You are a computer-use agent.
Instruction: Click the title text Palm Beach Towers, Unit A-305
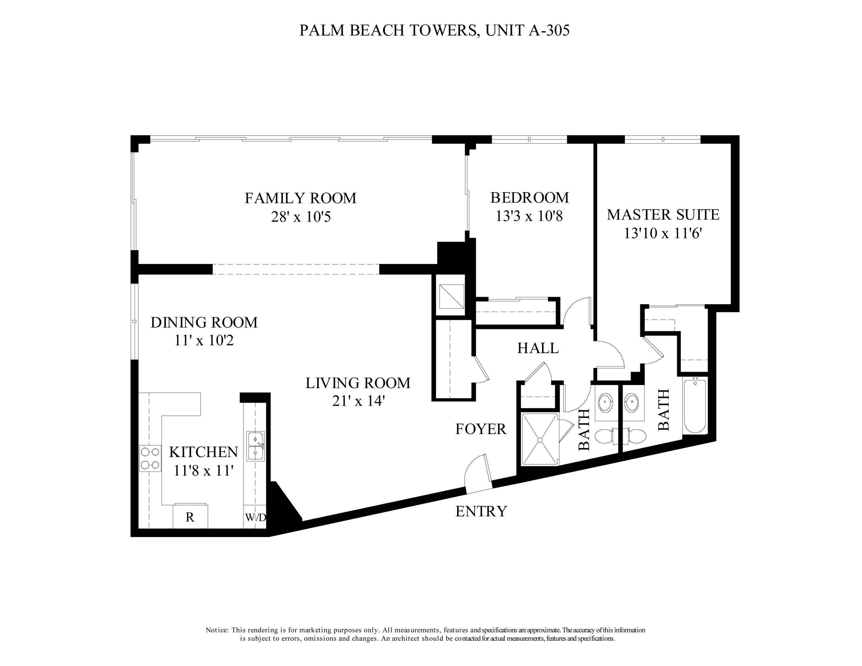click(434, 30)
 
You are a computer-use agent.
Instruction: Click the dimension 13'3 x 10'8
click(529, 216)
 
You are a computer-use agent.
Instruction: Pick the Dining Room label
click(204, 322)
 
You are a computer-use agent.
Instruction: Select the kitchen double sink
click(256, 446)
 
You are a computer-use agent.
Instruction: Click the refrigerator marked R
click(190, 517)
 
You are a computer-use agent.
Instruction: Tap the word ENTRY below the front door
click(481, 511)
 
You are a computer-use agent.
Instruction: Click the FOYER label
click(480, 429)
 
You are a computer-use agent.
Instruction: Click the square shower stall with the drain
click(540, 439)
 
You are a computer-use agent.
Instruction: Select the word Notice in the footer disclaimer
click(217, 630)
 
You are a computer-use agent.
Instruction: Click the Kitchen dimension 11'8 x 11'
click(204, 471)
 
